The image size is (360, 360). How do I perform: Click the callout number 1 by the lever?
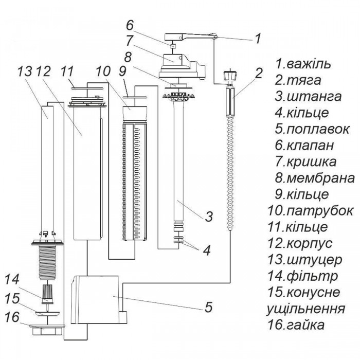[258, 38]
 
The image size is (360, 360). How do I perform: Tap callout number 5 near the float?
[208, 309]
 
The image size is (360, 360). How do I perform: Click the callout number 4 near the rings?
[206, 251]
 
